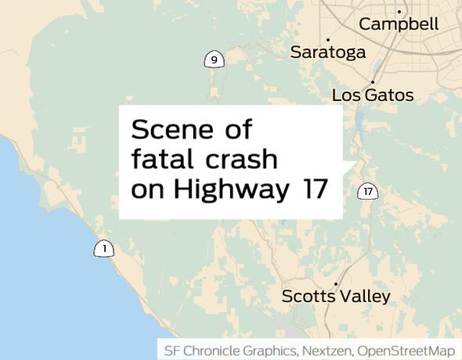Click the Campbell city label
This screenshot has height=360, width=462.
399,24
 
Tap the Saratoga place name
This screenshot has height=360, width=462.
327,52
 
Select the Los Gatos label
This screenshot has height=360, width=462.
373,95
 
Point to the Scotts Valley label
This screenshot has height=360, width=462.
335,297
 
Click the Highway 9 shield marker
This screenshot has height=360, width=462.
213,59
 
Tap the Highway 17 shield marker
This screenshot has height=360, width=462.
368,191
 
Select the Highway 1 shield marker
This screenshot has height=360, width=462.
103,249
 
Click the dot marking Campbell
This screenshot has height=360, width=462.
399,12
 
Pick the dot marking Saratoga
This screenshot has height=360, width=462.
327,40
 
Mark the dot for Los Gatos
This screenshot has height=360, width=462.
373,82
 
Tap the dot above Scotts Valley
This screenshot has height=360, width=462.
336,284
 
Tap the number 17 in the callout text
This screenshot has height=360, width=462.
314,189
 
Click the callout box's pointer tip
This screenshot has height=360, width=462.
356,163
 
